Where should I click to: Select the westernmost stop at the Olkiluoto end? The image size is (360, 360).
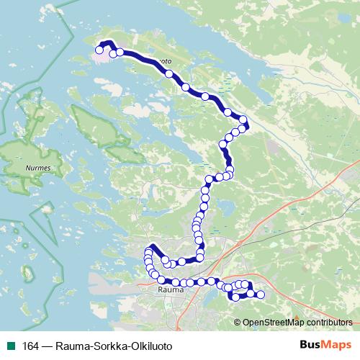pyautogui.click(x=99, y=50)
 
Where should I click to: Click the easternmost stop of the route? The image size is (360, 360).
pyautogui.click(x=261, y=294)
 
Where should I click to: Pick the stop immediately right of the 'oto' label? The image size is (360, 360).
pyautogui.click(x=169, y=73)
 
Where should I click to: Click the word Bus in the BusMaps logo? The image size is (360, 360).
pyautogui.click(x=312, y=344)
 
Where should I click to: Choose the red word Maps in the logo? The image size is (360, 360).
pyautogui.click(x=337, y=344)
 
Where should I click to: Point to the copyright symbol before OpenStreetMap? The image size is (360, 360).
pyautogui.click(x=238, y=322)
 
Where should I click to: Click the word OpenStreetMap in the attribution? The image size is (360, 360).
pyautogui.click(x=270, y=322)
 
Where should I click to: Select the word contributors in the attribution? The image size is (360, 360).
pyautogui.click(x=328, y=322)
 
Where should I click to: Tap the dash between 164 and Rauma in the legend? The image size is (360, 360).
pyautogui.click(x=48, y=345)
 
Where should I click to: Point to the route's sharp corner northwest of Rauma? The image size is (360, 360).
pyautogui.click(x=151, y=248)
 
